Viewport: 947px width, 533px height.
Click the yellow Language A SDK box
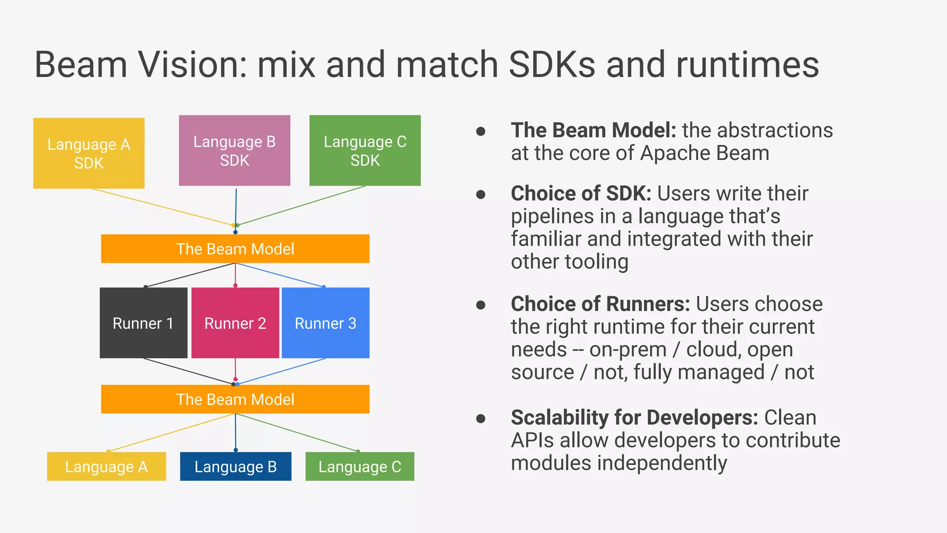(x=89, y=153)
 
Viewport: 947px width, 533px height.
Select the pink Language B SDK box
(x=234, y=150)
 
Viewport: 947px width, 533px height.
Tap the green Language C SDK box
(x=365, y=150)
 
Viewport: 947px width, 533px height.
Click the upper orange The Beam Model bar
(x=235, y=249)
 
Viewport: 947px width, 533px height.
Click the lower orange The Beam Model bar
(x=235, y=399)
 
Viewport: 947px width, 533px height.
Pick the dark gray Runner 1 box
(x=143, y=323)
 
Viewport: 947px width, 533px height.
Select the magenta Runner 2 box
(x=235, y=323)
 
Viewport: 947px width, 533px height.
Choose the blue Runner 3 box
(x=326, y=323)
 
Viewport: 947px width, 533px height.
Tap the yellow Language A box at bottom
(x=106, y=466)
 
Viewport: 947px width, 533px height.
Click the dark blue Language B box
(x=235, y=466)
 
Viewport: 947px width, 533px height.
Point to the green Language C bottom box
(x=360, y=466)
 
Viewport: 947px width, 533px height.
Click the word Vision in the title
(x=193, y=65)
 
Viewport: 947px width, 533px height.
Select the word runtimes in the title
(x=747, y=65)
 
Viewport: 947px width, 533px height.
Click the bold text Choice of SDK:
(x=581, y=193)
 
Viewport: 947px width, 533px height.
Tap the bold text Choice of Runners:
(x=600, y=304)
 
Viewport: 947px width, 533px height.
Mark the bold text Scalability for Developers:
(x=634, y=417)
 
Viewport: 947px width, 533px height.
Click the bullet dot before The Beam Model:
(x=481, y=131)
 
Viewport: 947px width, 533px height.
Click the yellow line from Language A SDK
(x=162, y=207)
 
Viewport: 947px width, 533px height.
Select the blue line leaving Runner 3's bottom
(x=282, y=372)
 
